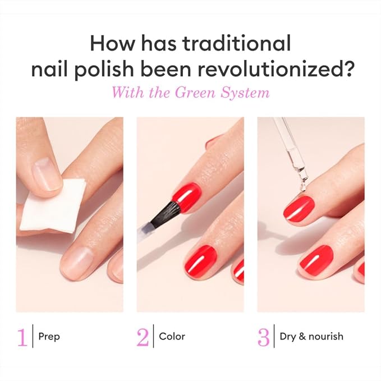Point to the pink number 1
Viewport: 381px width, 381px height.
point(22,337)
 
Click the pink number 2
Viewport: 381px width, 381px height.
point(143,337)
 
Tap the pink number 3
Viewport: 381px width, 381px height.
point(263,337)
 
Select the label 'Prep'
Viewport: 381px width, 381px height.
point(49,337)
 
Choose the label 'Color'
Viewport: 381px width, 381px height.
point(172,337)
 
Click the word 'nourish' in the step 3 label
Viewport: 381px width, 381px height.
point(326,337)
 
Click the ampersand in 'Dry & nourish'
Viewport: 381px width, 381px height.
point(302,337)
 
